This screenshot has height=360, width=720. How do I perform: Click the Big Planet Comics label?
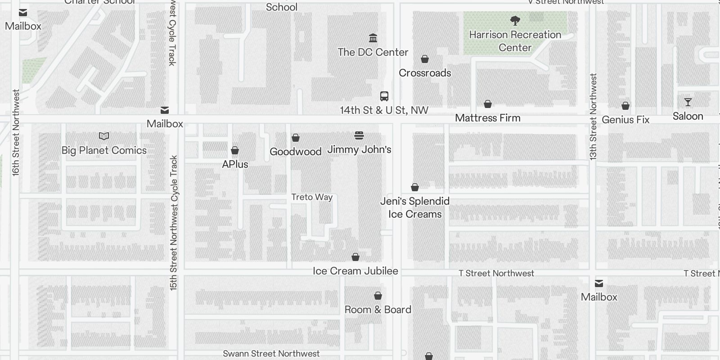104,150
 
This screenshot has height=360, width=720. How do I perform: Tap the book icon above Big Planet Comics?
104,136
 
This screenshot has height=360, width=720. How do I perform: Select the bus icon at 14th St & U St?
384,96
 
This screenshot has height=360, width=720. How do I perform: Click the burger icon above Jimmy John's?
359,135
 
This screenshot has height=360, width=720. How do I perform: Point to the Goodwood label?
296,152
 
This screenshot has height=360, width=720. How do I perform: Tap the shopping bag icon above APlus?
235,150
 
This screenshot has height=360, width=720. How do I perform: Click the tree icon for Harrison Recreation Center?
515,20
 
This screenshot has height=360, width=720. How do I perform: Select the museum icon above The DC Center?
373,38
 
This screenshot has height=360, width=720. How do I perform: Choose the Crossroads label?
425,73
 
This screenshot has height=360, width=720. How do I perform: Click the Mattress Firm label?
488,118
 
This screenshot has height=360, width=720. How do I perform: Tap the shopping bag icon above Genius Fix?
625,106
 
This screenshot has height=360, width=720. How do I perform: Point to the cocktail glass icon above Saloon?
688,102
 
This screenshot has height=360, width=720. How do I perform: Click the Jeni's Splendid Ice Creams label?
415,207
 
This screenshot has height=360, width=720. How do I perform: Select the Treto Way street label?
312,197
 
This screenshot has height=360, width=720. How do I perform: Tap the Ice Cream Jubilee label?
355,271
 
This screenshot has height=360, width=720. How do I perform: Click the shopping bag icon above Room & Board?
378,296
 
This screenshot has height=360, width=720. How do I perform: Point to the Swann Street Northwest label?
271,354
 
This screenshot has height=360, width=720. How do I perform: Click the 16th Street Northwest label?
16,132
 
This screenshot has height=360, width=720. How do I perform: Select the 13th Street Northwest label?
593,117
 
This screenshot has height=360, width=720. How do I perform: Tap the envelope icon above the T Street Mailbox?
599,283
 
